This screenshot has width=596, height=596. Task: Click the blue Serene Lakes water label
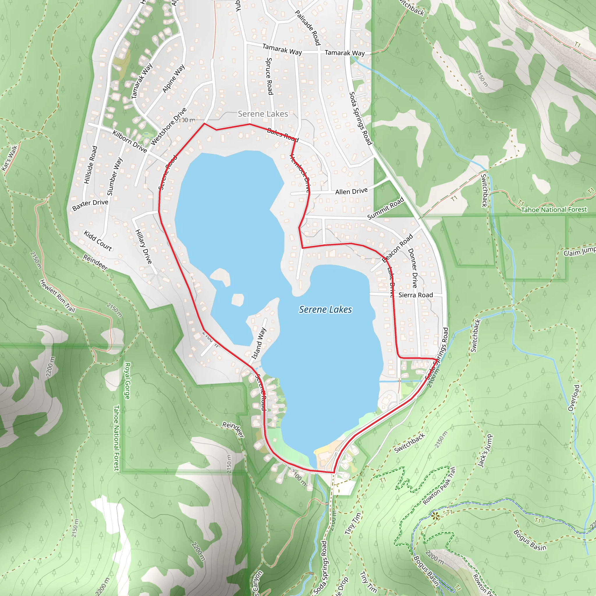[325, 309]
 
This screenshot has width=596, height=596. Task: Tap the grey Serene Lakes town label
[263, 114]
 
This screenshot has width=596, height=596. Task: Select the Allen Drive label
[351, 191]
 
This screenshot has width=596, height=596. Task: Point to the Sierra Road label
[416, 295]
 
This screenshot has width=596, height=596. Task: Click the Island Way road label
[259, 343]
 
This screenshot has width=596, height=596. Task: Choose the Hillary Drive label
[144, 247]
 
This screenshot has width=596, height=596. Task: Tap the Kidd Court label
[98, 241]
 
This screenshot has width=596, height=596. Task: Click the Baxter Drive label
[90, 205]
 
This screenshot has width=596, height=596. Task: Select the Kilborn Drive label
[130, 141]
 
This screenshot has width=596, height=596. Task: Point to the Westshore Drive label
[168, 127]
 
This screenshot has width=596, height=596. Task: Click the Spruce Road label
[269, 76]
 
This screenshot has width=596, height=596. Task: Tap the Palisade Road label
[308, 27]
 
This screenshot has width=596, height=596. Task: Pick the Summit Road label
[386, 209]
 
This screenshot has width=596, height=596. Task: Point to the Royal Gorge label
[127, 381]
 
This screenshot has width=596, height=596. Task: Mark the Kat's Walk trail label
[10, 158]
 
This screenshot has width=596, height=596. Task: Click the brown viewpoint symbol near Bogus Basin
[435, 516]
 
